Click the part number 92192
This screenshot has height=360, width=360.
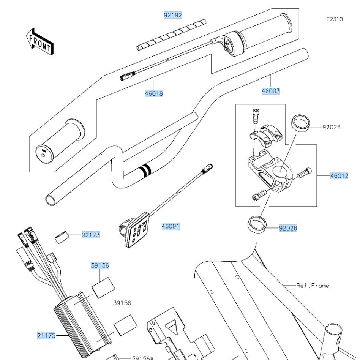tap(173, 15)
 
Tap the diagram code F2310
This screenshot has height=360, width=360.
tap(334, 19)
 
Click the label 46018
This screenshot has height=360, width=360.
tap(153, 93)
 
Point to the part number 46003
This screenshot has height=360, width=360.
tap(271, 91)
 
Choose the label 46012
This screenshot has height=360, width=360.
tap(339, 176)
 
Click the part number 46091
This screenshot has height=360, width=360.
tap(171, 226)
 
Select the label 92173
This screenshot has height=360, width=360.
tap(91, 235)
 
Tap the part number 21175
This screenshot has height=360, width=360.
tap(46, 335)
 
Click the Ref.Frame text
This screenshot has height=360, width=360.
tap(313, 285)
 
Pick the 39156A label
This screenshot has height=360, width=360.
tap(143, 358)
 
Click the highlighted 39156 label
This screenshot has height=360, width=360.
tap(100, 265)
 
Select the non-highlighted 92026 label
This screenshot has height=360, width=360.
tap(332, 127)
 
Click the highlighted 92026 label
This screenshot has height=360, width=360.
tap(288, 228)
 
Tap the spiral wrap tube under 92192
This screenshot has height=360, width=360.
tap(171, 35)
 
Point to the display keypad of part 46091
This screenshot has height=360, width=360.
tap(137, 231)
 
